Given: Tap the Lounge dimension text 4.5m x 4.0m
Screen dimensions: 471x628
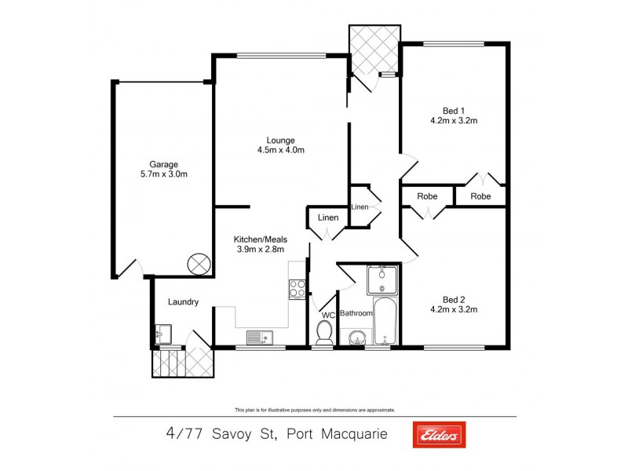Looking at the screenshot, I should tap(280, 150).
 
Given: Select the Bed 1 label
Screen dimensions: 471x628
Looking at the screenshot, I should tap(454, 110).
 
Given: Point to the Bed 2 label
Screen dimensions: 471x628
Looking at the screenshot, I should tap(454, 299).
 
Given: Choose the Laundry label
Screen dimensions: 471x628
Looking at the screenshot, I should tap(183, 302).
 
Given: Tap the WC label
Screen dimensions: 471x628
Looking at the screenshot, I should tap(328, 315).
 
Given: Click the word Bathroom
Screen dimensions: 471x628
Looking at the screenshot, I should tap(356, 314).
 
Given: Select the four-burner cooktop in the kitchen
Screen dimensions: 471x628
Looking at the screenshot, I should tap(297, 289).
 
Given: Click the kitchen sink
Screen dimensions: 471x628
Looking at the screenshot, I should tap(258, 338).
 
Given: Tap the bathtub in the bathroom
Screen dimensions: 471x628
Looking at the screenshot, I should tap(385, 322).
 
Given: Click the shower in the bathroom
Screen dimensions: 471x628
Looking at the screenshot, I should tap(383, 279).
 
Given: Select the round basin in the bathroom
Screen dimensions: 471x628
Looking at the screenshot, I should tap(356, 338).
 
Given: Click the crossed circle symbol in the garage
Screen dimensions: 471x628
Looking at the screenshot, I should tap(198, 265).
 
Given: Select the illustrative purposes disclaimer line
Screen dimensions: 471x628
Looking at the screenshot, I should tap(314, 410).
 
